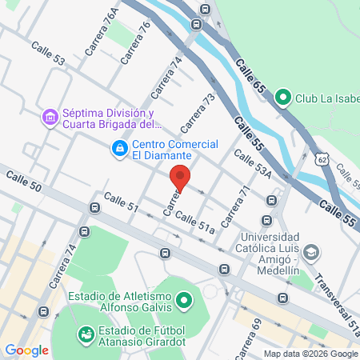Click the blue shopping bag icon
[119, 148]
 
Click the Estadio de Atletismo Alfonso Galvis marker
[185, 302]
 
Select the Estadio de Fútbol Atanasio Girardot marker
[84, 333]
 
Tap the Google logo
[26, 350]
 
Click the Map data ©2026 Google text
[311, 354]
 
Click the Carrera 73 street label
[198, 114]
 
